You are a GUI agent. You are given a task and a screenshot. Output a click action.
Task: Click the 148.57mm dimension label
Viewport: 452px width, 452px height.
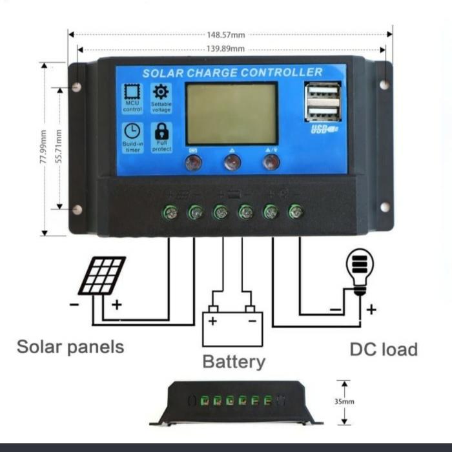coord(226,36)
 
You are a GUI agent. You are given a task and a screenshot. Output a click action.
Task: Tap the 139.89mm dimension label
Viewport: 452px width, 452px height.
coord(226,49)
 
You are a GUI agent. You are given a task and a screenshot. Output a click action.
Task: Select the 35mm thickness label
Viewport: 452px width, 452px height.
coord(344,401)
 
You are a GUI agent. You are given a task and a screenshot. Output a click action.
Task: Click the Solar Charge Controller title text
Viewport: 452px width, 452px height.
coord(232,72)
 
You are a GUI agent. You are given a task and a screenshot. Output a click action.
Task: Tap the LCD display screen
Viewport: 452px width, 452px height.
coord(232,114)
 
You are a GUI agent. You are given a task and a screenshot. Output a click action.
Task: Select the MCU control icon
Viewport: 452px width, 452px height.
coord(132,92)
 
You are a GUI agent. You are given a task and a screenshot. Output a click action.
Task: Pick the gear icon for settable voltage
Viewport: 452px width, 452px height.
coord(161,92)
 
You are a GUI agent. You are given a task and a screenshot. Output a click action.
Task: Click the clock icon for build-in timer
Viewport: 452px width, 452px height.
coord(132,130)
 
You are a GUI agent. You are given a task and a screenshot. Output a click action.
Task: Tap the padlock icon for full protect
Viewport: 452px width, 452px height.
coord(161,130)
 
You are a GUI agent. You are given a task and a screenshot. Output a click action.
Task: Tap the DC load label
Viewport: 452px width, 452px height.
coord(384,349)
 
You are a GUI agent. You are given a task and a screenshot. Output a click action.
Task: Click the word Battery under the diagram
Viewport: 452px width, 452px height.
coord(234,362)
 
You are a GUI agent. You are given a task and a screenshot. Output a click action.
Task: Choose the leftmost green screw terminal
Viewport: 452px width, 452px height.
coord(170,211)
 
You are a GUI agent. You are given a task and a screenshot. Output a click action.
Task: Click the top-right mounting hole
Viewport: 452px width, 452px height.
coord(384,85)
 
